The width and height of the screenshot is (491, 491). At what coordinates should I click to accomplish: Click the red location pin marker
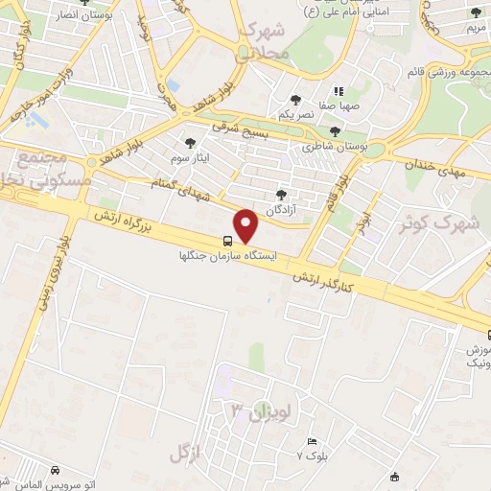click(247, 225)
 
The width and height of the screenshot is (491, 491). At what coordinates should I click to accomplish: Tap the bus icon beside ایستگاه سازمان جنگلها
click(227, 241)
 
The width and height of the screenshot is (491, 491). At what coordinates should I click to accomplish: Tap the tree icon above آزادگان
click(280, 194)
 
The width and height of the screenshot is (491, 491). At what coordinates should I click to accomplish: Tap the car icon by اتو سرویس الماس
click(57, 470)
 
